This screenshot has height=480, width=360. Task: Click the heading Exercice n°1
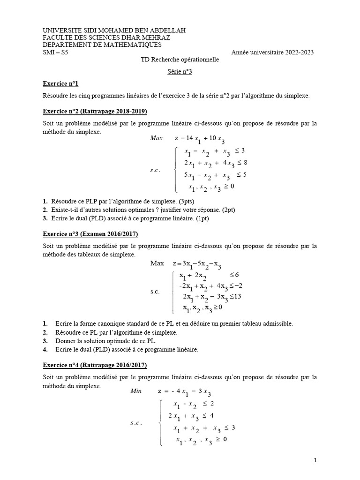60,83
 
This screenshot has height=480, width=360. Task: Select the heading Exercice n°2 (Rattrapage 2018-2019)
94,112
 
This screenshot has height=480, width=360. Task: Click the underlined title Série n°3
180,72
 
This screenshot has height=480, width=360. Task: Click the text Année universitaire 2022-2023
272,52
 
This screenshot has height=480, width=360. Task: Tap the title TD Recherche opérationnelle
180,60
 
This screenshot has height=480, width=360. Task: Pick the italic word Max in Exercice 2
156,138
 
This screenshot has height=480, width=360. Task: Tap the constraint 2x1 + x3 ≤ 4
191,416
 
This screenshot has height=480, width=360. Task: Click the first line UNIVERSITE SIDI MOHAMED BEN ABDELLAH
114,30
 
